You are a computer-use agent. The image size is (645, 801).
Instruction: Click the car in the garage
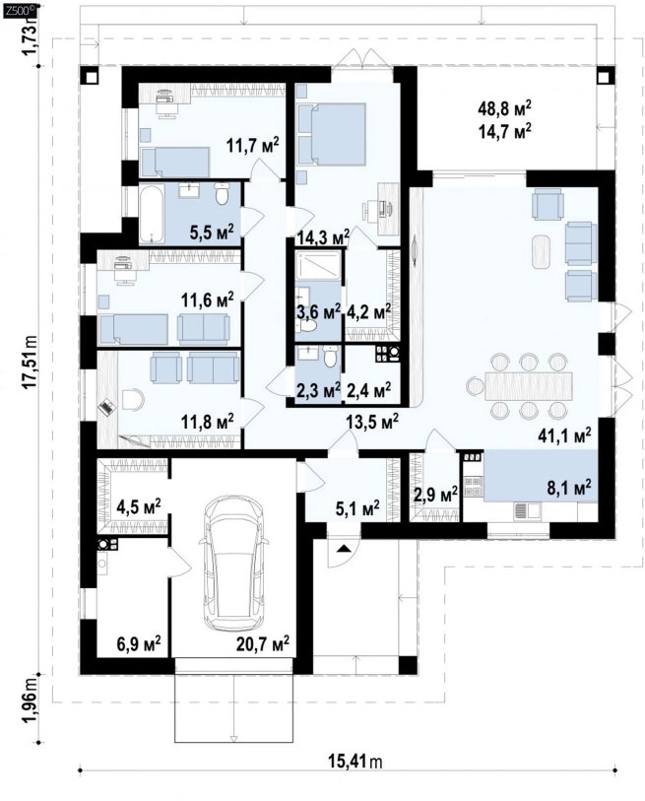point(234,564)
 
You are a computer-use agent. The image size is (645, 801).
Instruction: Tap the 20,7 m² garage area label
point(263,642)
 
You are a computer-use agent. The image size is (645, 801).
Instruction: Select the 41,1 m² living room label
point(565,434)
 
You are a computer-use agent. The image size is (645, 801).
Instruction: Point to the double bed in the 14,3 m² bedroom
point(333,134)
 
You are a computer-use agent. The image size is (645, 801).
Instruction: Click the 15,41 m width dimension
point(355,762)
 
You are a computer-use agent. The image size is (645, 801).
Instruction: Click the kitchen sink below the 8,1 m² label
point(526,510)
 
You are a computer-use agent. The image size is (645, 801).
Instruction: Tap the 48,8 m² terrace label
point(505,108)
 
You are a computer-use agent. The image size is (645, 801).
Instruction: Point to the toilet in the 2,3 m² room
point(330,356)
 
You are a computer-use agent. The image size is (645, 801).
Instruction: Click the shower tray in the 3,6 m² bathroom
point(318,266)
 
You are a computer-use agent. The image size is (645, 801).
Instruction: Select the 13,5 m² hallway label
point(372,422)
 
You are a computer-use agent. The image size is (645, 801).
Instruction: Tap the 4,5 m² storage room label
point(139,506)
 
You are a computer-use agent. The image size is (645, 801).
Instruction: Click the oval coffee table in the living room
point(541,252)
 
